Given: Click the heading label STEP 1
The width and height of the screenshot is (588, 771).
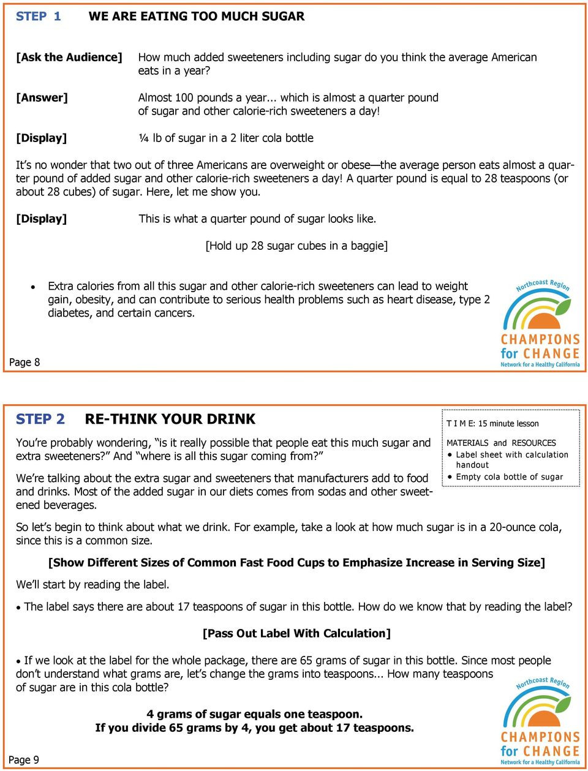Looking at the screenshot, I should click(38, 17).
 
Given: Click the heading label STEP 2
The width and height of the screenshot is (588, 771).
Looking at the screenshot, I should click(40, 419).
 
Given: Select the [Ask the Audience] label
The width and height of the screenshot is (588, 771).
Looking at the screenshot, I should click(69, 57).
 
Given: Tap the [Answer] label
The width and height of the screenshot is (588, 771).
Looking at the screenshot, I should click(42, 97).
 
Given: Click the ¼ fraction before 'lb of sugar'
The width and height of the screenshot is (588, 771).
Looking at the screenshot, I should click(143, 138).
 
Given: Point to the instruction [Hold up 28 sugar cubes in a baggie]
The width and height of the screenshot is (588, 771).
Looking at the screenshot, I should click(296, 246).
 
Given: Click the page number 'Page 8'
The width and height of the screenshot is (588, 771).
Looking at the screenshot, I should click(24, 362).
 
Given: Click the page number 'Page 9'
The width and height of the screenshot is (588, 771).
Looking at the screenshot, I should click(24, 760).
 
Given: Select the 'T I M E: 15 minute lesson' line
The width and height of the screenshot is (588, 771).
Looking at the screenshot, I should click(492, 423).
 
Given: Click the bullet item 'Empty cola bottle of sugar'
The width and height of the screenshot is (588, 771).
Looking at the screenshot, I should click(509, 476).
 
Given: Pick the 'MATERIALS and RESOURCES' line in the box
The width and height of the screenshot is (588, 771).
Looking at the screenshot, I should click(501, 443).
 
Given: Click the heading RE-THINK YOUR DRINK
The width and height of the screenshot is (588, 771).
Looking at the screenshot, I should click(170, 419).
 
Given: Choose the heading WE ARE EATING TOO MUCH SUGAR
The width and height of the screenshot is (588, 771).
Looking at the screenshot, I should click(196, 17).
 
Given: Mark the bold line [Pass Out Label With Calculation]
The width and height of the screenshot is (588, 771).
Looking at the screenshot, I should click(296, 633).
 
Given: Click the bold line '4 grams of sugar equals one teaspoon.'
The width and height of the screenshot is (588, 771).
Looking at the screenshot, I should click(254, 714).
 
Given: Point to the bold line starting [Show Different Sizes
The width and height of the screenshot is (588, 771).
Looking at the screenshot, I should click(296, 562).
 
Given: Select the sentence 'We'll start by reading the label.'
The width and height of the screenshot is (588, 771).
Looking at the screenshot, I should click(92, 584).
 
